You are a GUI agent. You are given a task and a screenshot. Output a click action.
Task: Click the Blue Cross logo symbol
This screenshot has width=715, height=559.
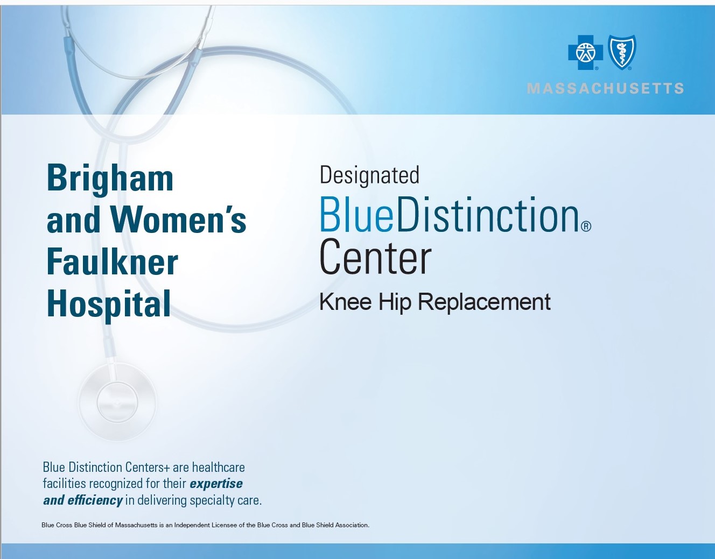coord(585,52)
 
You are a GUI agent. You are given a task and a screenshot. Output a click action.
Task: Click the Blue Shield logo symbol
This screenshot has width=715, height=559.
coord(622,52)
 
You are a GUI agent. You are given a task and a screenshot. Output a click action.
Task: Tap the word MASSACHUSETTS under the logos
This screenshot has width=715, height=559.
coord(606,89)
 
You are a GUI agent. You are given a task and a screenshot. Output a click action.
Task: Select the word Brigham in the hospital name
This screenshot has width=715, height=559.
coord(110,179)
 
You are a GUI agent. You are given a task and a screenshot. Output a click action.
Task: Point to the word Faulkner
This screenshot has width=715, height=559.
coord(112,262)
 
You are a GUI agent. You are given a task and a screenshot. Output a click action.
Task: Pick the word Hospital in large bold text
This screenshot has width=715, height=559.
coord(109,304)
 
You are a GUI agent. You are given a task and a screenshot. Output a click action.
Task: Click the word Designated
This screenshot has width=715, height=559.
coord(369,175)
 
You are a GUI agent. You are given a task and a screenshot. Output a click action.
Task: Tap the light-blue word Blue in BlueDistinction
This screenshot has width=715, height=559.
coord(356,215)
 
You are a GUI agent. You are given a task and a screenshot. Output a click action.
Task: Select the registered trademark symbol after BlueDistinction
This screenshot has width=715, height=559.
coord(586,226)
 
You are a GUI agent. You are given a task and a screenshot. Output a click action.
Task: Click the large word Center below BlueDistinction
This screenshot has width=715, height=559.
coord(375,258)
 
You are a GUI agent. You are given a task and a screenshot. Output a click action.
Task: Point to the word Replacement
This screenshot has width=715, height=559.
coord(484,302)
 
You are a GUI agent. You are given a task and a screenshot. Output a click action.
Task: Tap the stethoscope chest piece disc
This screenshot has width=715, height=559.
coord(117,402)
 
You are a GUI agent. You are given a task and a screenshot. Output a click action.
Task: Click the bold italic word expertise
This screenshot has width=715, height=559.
coord(216,484)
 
